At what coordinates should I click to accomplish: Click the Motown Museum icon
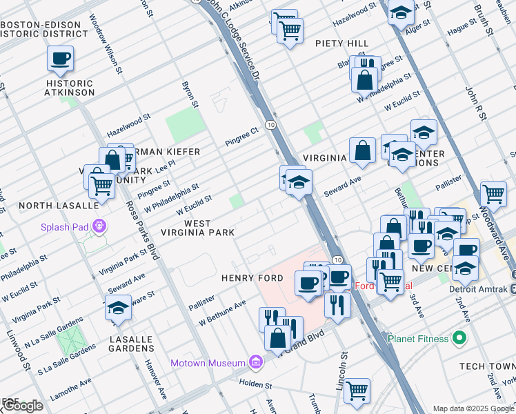coord(256,362)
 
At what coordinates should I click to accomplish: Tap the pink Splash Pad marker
coord(100,226)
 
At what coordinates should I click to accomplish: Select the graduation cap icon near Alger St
coord(401,12)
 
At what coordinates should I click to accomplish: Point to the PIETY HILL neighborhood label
coord(342,43)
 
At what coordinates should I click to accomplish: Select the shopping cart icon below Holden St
coord(357,391)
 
